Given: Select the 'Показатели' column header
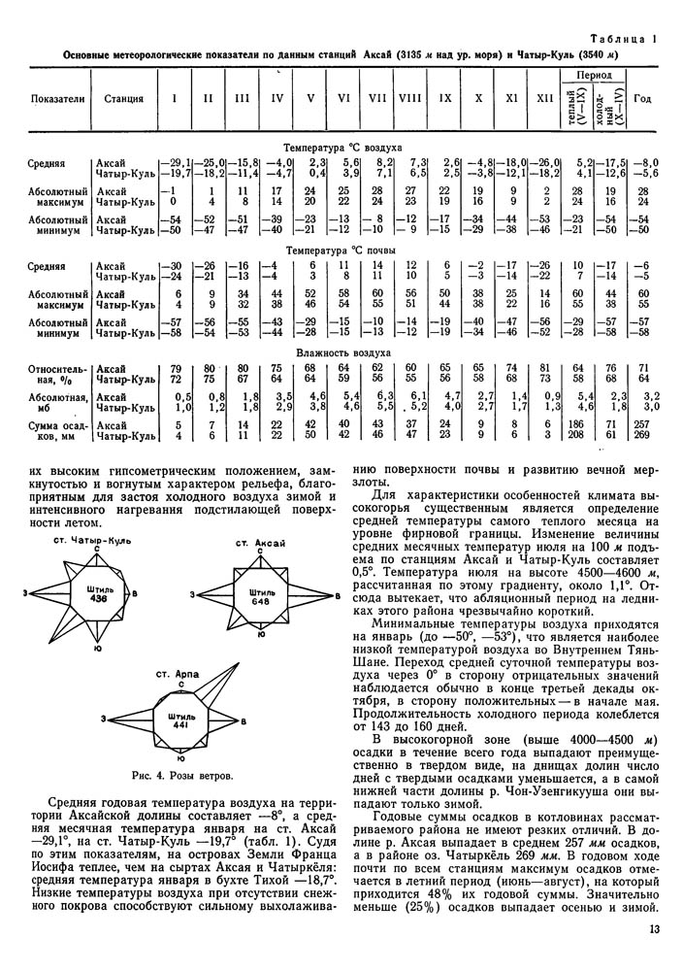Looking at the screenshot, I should [58, 99].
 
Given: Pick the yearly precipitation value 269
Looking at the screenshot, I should [642, 436].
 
